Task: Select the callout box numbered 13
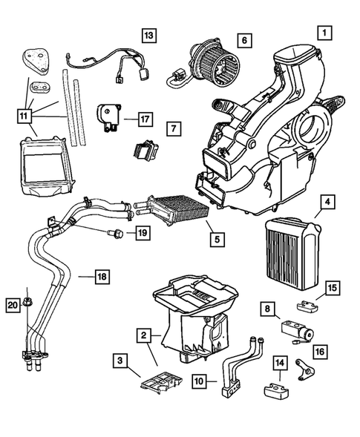150,35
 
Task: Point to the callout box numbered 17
145,117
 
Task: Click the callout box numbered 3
119,361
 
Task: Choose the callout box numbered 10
200,381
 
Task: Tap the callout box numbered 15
333,288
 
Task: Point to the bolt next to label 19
115,235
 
